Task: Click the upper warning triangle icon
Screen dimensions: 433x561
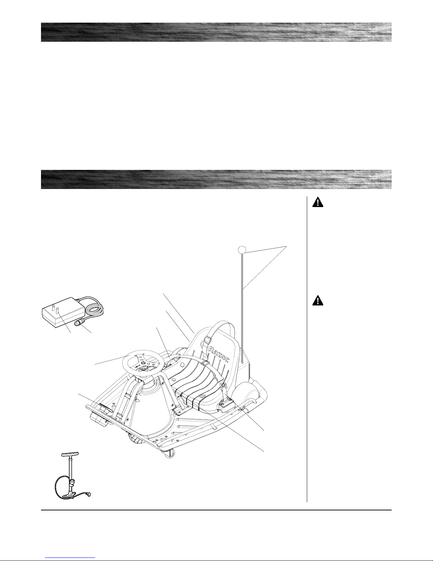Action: click(x=318, y=203)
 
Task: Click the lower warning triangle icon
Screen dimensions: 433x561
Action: click(x=318, y=301)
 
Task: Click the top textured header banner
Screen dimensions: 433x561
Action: click(x=216, y=32)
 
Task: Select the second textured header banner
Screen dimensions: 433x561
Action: click(x=216, y=179)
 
